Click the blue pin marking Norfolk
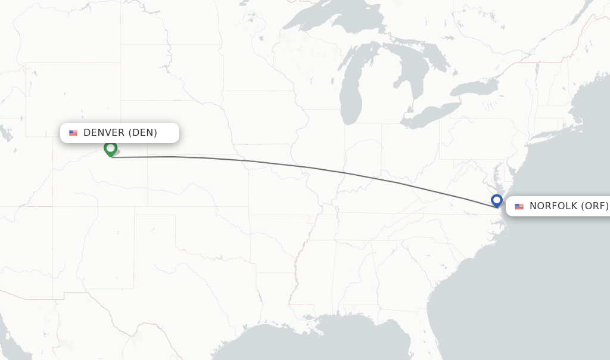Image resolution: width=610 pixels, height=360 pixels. click(x=497, y=200)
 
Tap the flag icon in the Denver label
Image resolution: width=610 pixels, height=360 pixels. click(x=73, y=133)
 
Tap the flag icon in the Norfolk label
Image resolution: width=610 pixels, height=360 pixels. click(x=519, y=206)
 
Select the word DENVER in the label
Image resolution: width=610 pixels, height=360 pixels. click(x=104, y=133)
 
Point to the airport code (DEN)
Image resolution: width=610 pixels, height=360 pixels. click(x=142, y=133)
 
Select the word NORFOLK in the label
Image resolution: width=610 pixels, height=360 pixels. click(x=553, y=206)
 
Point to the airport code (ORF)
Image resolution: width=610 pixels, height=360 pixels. click(x=595, y=206)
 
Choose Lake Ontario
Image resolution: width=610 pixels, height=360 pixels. click(x=474, y=89)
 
